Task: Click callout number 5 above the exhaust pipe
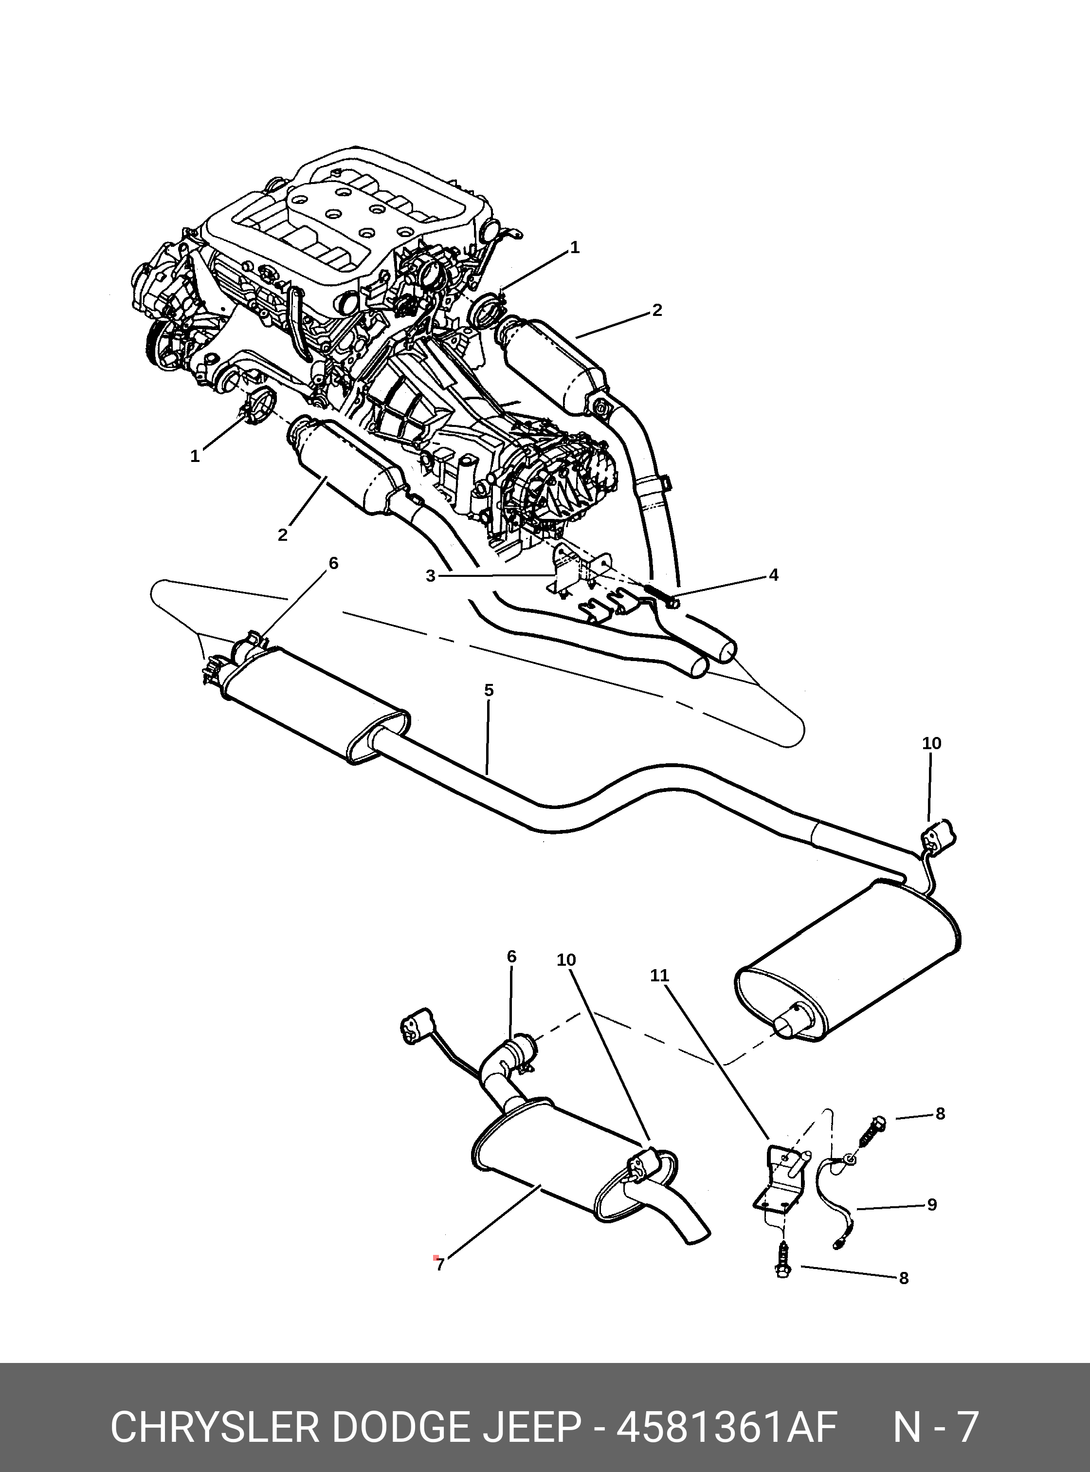488,690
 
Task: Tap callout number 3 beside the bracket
430,576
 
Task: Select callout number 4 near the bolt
773,574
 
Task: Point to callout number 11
660,975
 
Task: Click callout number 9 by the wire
932,1205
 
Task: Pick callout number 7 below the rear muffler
440,1265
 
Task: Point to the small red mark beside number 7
436,1258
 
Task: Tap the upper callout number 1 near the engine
575,248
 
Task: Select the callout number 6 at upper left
333,563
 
